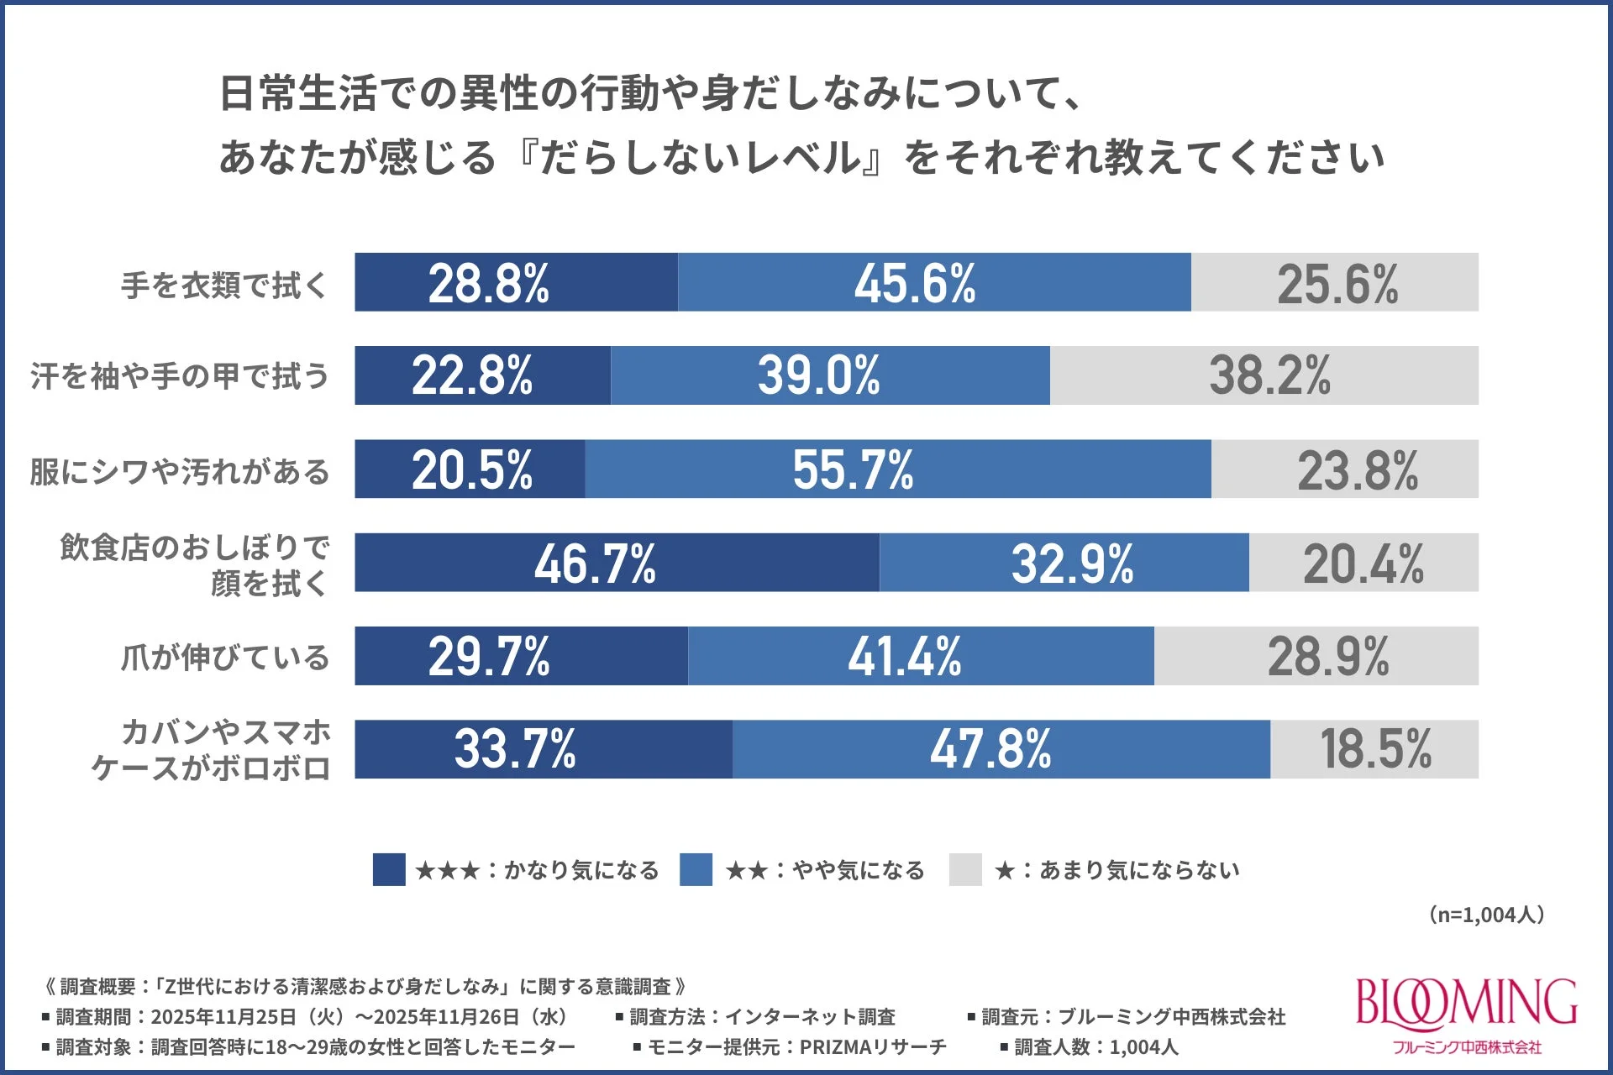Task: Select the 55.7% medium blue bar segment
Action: pos(897,469)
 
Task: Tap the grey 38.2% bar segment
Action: pos(1264,375)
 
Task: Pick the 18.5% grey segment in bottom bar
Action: pos(1374,749)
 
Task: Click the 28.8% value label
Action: pos(488,283)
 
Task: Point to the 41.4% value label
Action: pos(904,656)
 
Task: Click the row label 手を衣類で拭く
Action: pos(224,285)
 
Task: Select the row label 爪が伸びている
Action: pos(224,657)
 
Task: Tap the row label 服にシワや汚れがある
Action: pos(180,471)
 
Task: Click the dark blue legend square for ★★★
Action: pos(389,870)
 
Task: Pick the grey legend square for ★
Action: pos(965,870)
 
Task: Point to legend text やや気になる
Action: pos(858,870)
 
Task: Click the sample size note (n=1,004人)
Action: pos(1486,915)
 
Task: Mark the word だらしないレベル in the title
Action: pos(701,158)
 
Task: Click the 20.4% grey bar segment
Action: pos(1363,563)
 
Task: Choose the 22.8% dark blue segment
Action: pos(482,375)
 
